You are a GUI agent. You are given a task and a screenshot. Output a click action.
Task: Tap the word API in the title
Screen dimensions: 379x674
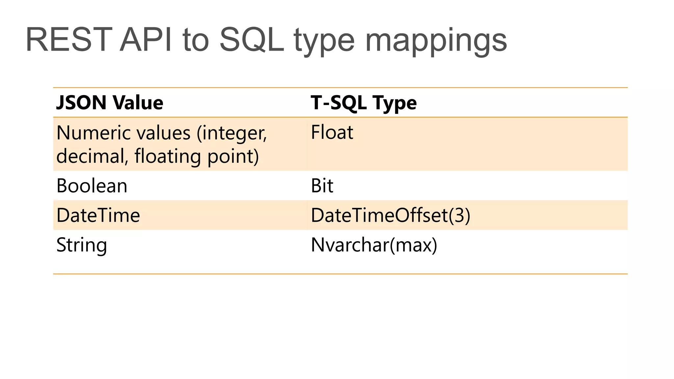(x=145, y=40)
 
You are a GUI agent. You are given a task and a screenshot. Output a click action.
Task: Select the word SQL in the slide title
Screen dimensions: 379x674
(x=251, y=40)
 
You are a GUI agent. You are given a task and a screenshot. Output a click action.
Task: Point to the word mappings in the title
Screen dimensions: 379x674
(x=436, y=41)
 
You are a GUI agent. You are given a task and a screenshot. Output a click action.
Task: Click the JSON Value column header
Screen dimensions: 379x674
(x=110, y=102)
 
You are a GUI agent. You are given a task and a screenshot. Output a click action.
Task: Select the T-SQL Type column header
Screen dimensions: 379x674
(x=364, y=103)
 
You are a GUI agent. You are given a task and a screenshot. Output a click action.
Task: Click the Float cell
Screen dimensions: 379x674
(x=332, y=132)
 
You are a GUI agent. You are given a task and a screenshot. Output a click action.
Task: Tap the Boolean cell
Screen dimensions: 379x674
(x=92, y=186)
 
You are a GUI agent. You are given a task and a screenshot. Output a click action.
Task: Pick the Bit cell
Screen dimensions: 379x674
(x=322, y=186)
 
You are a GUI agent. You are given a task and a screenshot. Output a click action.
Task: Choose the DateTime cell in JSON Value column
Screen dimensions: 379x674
(x=98, y=215)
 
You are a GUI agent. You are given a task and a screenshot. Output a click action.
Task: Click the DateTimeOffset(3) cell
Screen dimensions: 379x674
(x=390, y=215)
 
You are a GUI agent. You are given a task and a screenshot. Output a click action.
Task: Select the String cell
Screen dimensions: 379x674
(x=82, y=245)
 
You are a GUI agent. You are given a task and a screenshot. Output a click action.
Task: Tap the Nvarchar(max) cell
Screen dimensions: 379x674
(x=374, y=245)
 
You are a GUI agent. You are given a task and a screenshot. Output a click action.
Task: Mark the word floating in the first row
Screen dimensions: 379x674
(x=168, y=156)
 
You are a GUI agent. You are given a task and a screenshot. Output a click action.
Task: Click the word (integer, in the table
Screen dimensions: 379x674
(x=232, y=134)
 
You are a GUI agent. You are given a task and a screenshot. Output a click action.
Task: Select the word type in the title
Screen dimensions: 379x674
(x=324, y=41)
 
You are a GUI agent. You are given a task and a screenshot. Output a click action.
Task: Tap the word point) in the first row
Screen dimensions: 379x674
(x=233, y=157)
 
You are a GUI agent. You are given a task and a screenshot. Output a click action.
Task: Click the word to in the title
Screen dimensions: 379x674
(x=195, y=40)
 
